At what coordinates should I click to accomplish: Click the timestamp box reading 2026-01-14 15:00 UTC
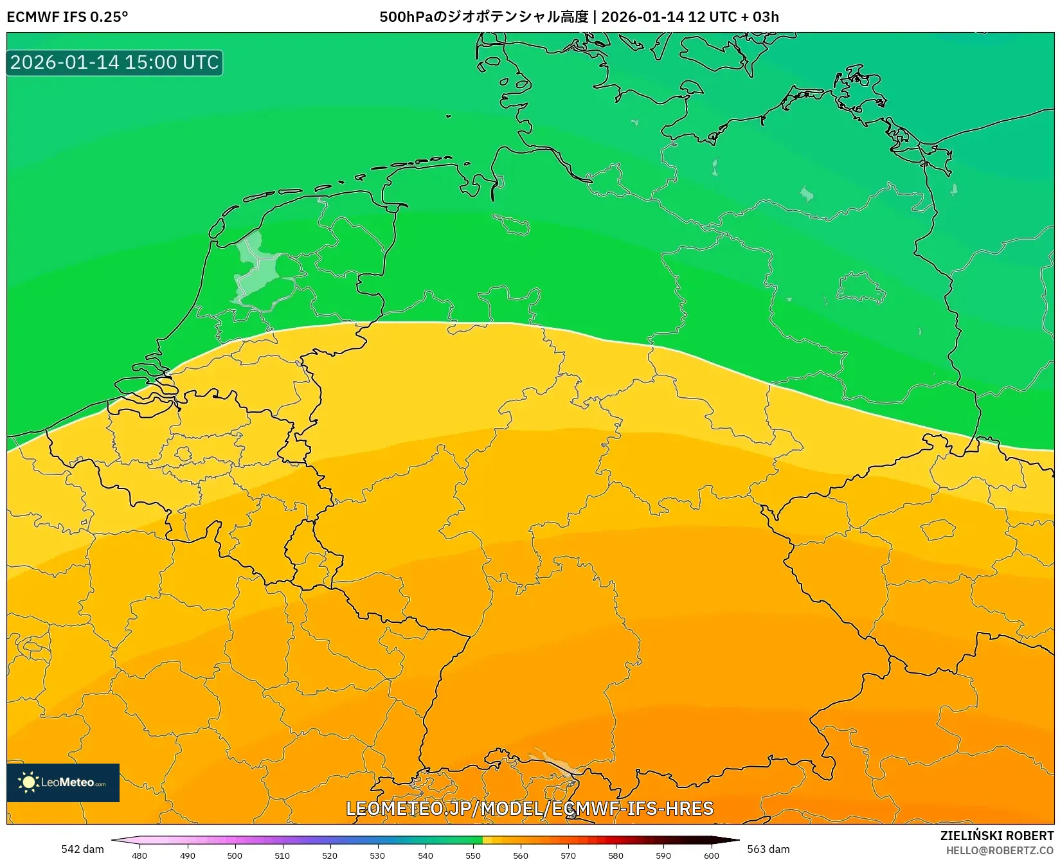click(114, 62)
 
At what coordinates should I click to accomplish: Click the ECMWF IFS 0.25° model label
click(67, 17)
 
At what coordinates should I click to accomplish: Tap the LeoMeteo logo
click(63, 782)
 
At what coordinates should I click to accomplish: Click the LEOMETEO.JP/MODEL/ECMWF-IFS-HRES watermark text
click(530, 809)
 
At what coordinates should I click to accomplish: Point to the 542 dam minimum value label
click(82, 849)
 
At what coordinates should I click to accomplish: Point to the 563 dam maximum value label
click(768, 849)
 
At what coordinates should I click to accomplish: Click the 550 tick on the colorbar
click(473, 855)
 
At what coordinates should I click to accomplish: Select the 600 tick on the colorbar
click(711, 855)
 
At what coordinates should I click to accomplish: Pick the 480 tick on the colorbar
click(139, 855)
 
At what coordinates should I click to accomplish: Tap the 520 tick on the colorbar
click(330, 855)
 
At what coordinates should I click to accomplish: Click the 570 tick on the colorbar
click(568, 855)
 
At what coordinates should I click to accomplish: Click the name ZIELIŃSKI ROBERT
click(997, 836)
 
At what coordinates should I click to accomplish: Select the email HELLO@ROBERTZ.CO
click(1000, 850)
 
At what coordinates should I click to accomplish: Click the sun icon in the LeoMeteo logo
click(28, 782)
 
